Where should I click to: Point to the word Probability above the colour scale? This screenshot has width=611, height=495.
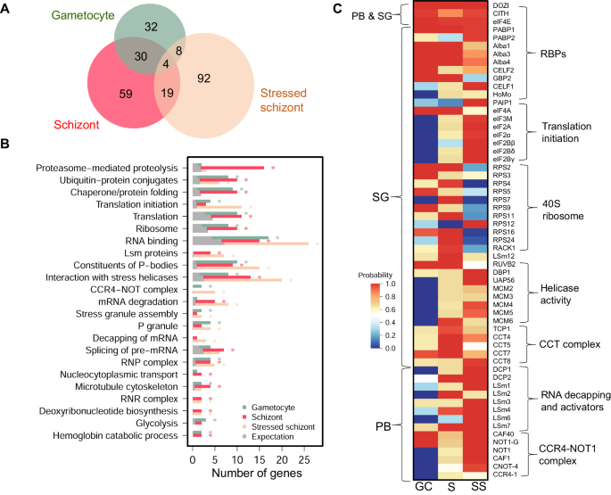point(378,276)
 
